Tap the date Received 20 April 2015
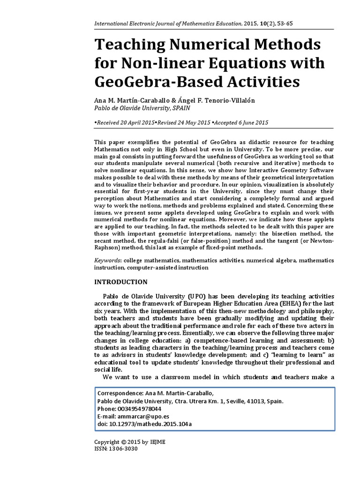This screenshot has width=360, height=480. click(125, 122)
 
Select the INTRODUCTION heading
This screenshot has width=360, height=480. click(121, 282)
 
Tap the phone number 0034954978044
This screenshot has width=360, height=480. click(138, 409)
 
